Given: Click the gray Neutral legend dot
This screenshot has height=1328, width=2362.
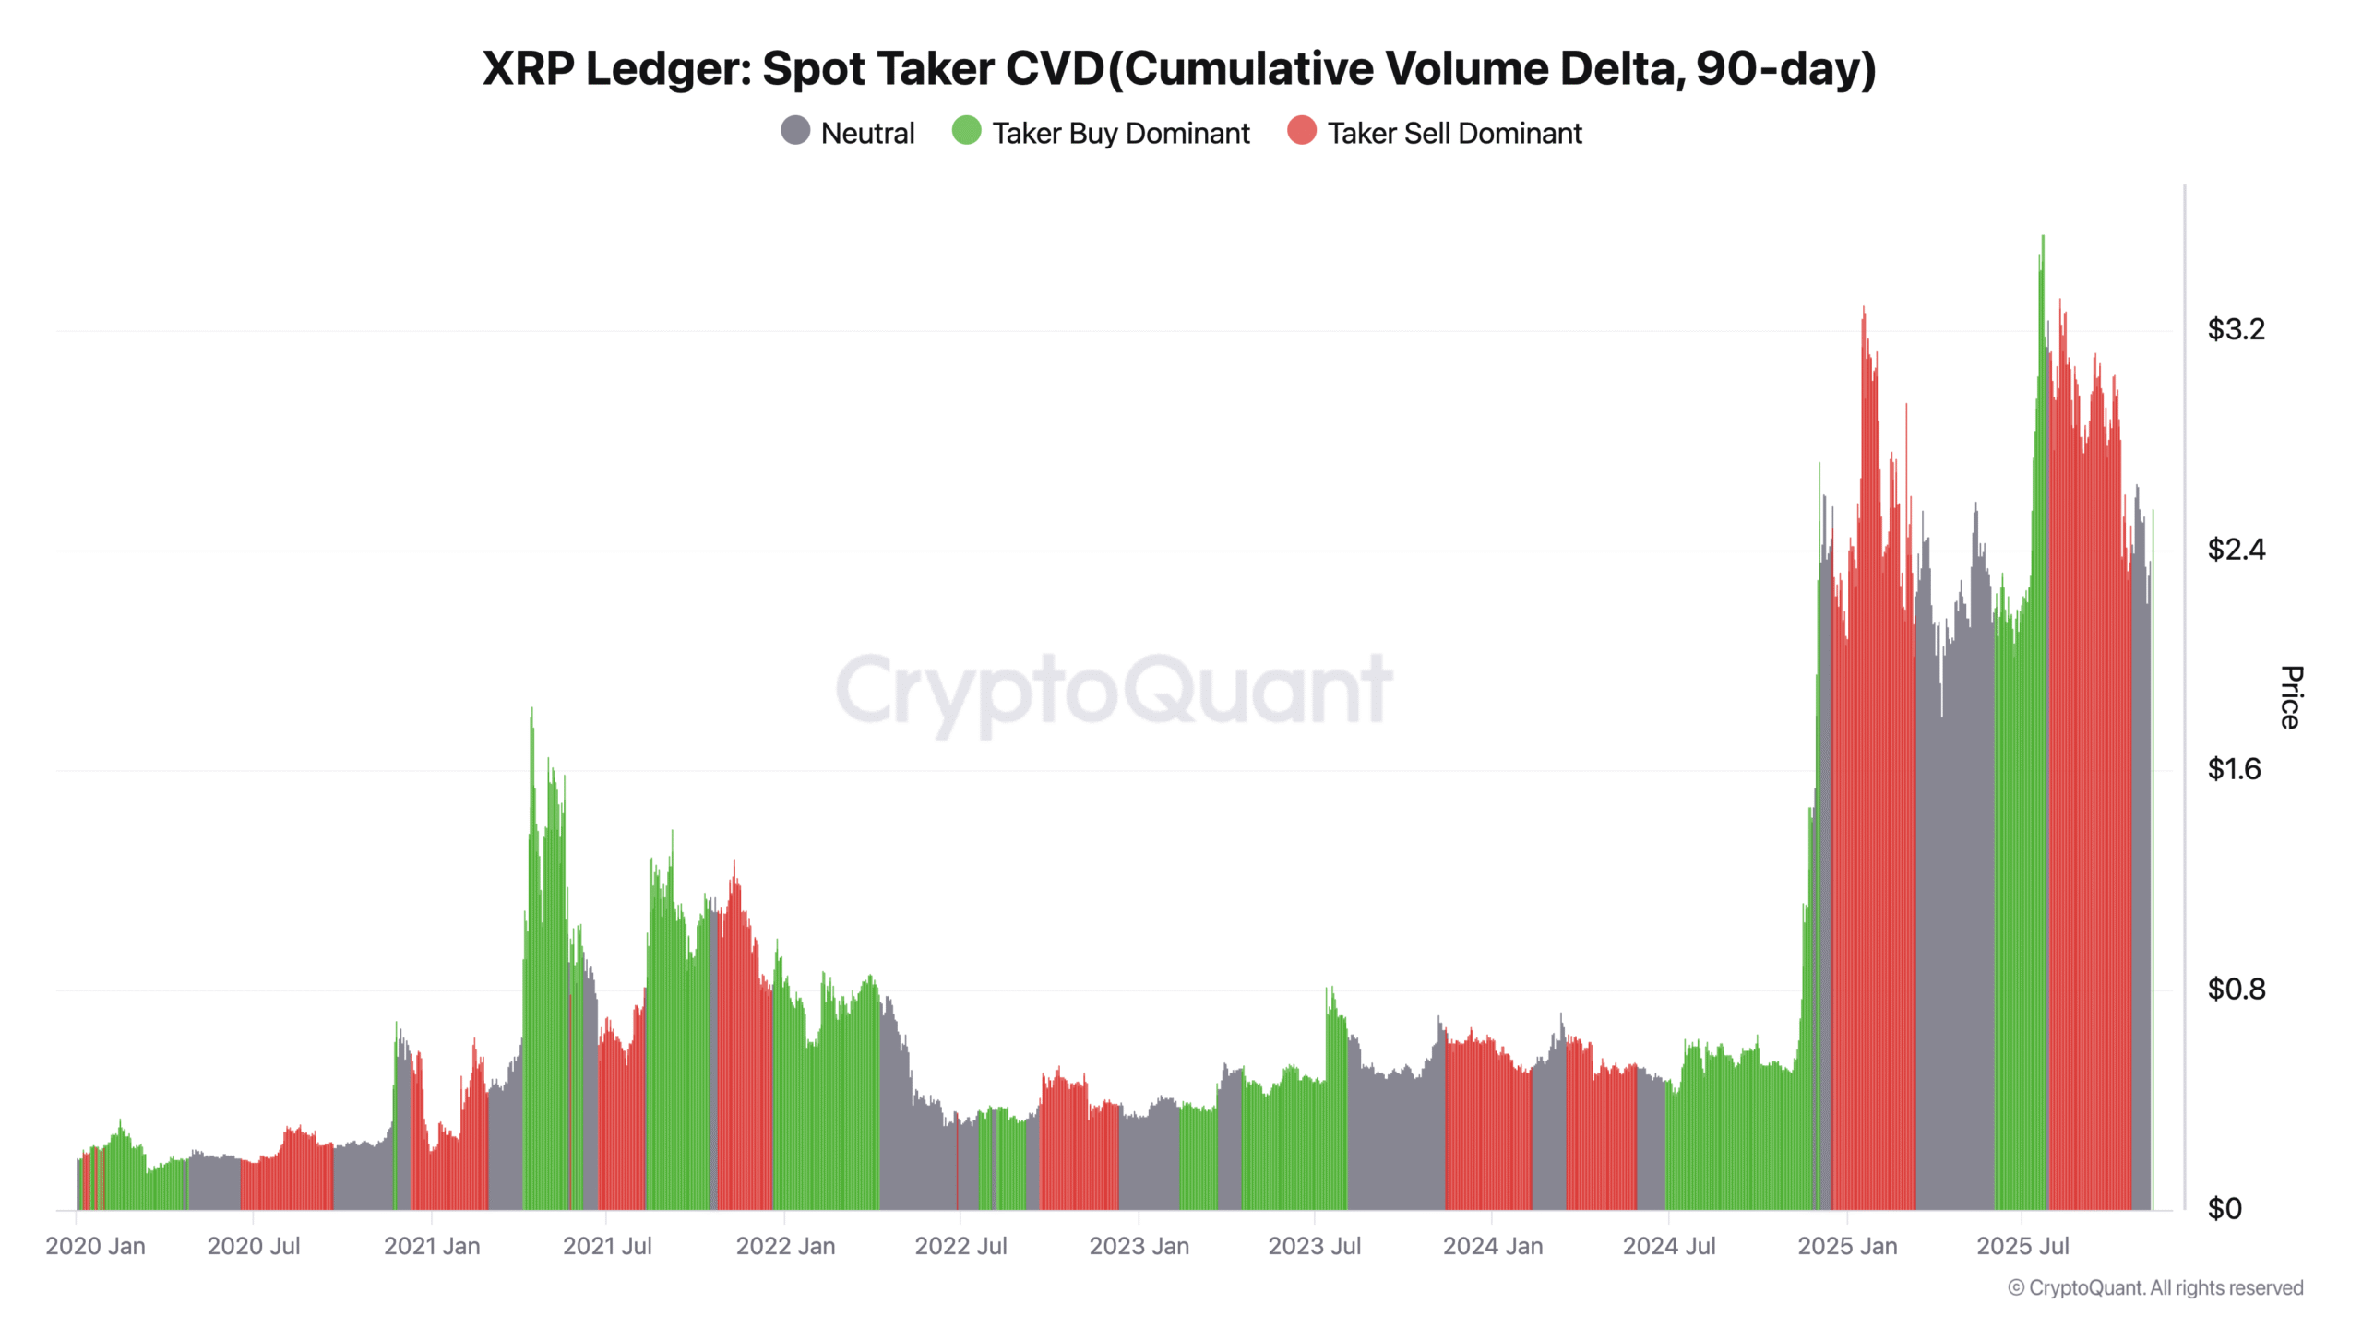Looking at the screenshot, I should pos(795,131).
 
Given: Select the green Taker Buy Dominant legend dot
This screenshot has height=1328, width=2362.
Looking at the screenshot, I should pos(966,131).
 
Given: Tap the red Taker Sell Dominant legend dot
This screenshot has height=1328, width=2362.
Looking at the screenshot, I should pos(1301,131).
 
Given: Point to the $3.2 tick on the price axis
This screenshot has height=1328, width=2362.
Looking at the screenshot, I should pos(2236,329).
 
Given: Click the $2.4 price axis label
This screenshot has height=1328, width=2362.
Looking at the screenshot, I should pos(2236,550).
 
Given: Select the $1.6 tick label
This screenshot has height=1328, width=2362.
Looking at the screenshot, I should pos(2234,769).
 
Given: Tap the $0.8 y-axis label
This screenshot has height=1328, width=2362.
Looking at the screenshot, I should pos(2236,990).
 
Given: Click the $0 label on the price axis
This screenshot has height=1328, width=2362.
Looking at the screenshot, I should pos(2224,1209).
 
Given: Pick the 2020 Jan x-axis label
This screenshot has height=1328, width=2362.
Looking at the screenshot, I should pos(95,1246).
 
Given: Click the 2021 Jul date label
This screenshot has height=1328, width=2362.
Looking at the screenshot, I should pos(607,1246).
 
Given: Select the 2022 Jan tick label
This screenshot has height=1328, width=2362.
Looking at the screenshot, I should pos(785,1246).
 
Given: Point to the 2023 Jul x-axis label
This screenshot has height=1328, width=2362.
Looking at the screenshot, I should pos(1314,1246).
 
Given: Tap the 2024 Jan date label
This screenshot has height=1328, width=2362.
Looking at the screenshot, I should pos(1492,1246).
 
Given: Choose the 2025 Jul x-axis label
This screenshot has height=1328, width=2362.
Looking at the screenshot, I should pos(2022,1246).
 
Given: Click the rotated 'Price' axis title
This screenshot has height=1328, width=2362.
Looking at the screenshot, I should pos(2291,697).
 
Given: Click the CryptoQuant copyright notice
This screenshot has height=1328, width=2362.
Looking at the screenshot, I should pos(2155,1287).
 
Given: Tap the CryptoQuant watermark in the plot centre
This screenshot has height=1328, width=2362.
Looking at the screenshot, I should pos(1114,690).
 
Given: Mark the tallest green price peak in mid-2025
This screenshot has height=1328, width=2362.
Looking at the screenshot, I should pos(2043,238).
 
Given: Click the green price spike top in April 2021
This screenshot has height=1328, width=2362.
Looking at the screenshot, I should pos(531,711).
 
